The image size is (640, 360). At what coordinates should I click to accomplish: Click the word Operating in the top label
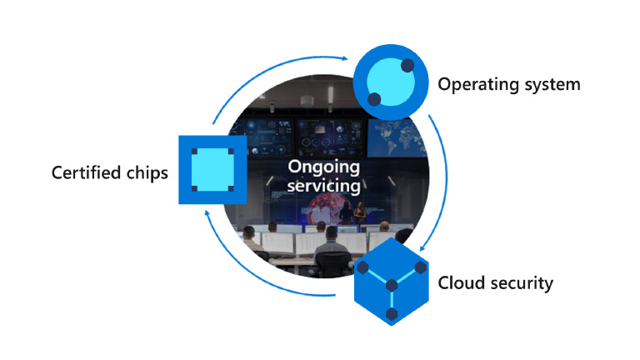(x=472, y=84)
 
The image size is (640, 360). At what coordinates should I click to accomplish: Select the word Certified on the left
(x=86, y=173)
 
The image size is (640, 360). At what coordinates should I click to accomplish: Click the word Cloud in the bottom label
(x=459, y=282)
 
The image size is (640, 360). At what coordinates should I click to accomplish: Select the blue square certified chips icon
(x=213, y=170)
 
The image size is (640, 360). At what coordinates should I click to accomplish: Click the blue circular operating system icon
(x=390, y=82)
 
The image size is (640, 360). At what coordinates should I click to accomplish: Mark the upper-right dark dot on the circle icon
(x=407, y=65)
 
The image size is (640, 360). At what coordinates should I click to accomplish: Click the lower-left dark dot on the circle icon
(x=374, y=99)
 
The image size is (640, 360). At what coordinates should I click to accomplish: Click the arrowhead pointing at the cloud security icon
(x=425, y=247)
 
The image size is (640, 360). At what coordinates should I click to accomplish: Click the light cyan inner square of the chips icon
(x=213, y=170)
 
